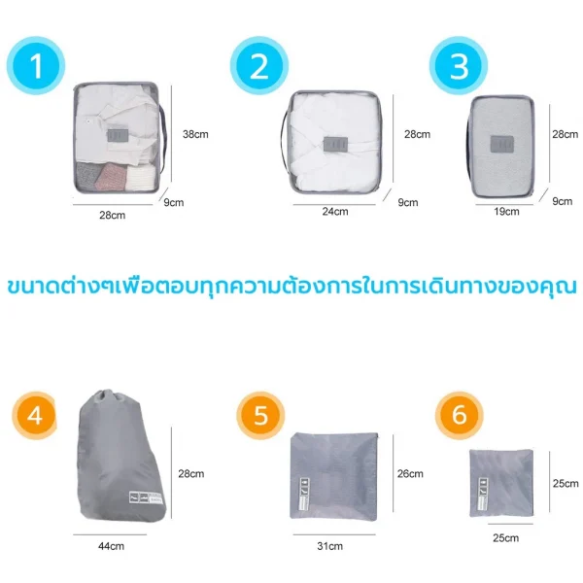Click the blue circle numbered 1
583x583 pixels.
[x=36, y=65]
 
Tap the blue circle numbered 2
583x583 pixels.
[x=259, y=65]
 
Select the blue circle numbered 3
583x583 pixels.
[x=459, y=65]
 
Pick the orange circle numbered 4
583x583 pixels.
[x=35, y=415]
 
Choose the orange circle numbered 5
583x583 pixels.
[x=260, y=415]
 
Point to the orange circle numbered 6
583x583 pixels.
[x=460, y=415]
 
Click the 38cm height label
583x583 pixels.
[x=195, y=134]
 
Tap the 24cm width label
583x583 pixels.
[x=335, y=211]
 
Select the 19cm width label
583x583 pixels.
[x=506, y=211]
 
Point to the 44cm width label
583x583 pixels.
[x=111, y=546]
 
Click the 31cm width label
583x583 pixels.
[x=329, y=546]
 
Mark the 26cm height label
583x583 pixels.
[x=410, y=474]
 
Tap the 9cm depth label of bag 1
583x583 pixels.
[x=174, y=203]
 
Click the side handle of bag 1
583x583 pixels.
[x=162, y=138]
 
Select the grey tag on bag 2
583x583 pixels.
[x=336, y=144]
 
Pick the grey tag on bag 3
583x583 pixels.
[x=502, y=144]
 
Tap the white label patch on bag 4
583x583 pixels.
[x=146, y=497]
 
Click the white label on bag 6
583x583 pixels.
[x=483, y=494]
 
